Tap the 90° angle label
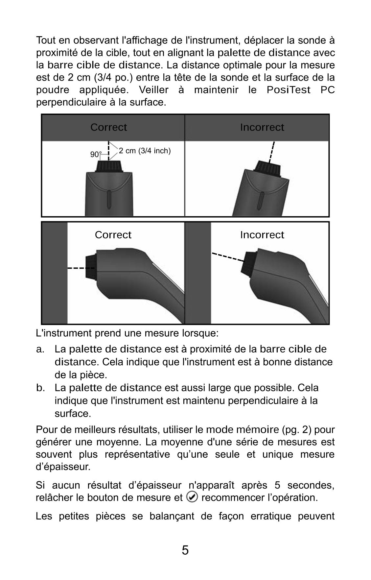[x=95, y=154]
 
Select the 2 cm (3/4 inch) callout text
[x=145, y=151]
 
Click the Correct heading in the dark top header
[x=108, y=127]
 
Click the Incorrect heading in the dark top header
[x=262, y=127]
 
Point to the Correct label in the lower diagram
[x=113, y=235]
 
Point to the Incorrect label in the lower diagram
[x=262, y=235]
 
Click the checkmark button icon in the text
[x=192, y=497]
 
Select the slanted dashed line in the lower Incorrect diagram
[x=227, y=256]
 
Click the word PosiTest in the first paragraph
[x=289, y=90]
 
